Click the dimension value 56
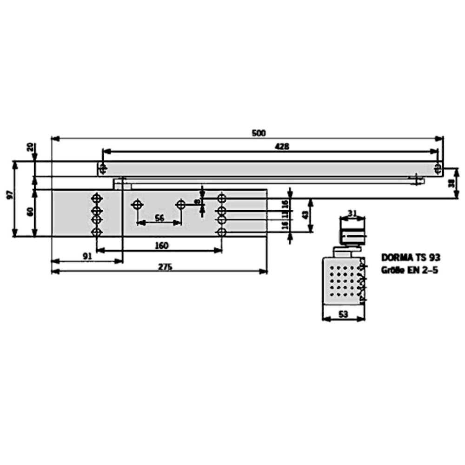pyautogui.click(x=159, y=218)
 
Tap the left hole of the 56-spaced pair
pyautogui.click(x=137, y=204)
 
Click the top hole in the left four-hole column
pyautogui.click(x=97, y=198)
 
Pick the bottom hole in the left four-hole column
pyautogui.click(x=97, y=232)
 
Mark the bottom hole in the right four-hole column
pyautogui.click(x=222, y=232)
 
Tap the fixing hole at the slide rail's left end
pyautogui.click(x=103, y=166)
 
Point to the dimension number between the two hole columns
pyautogui.click(x=161, y=244)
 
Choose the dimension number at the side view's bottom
pyautogui.click(x=344, y=313)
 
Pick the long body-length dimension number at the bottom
pyautogui.click(x=163, y=266)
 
